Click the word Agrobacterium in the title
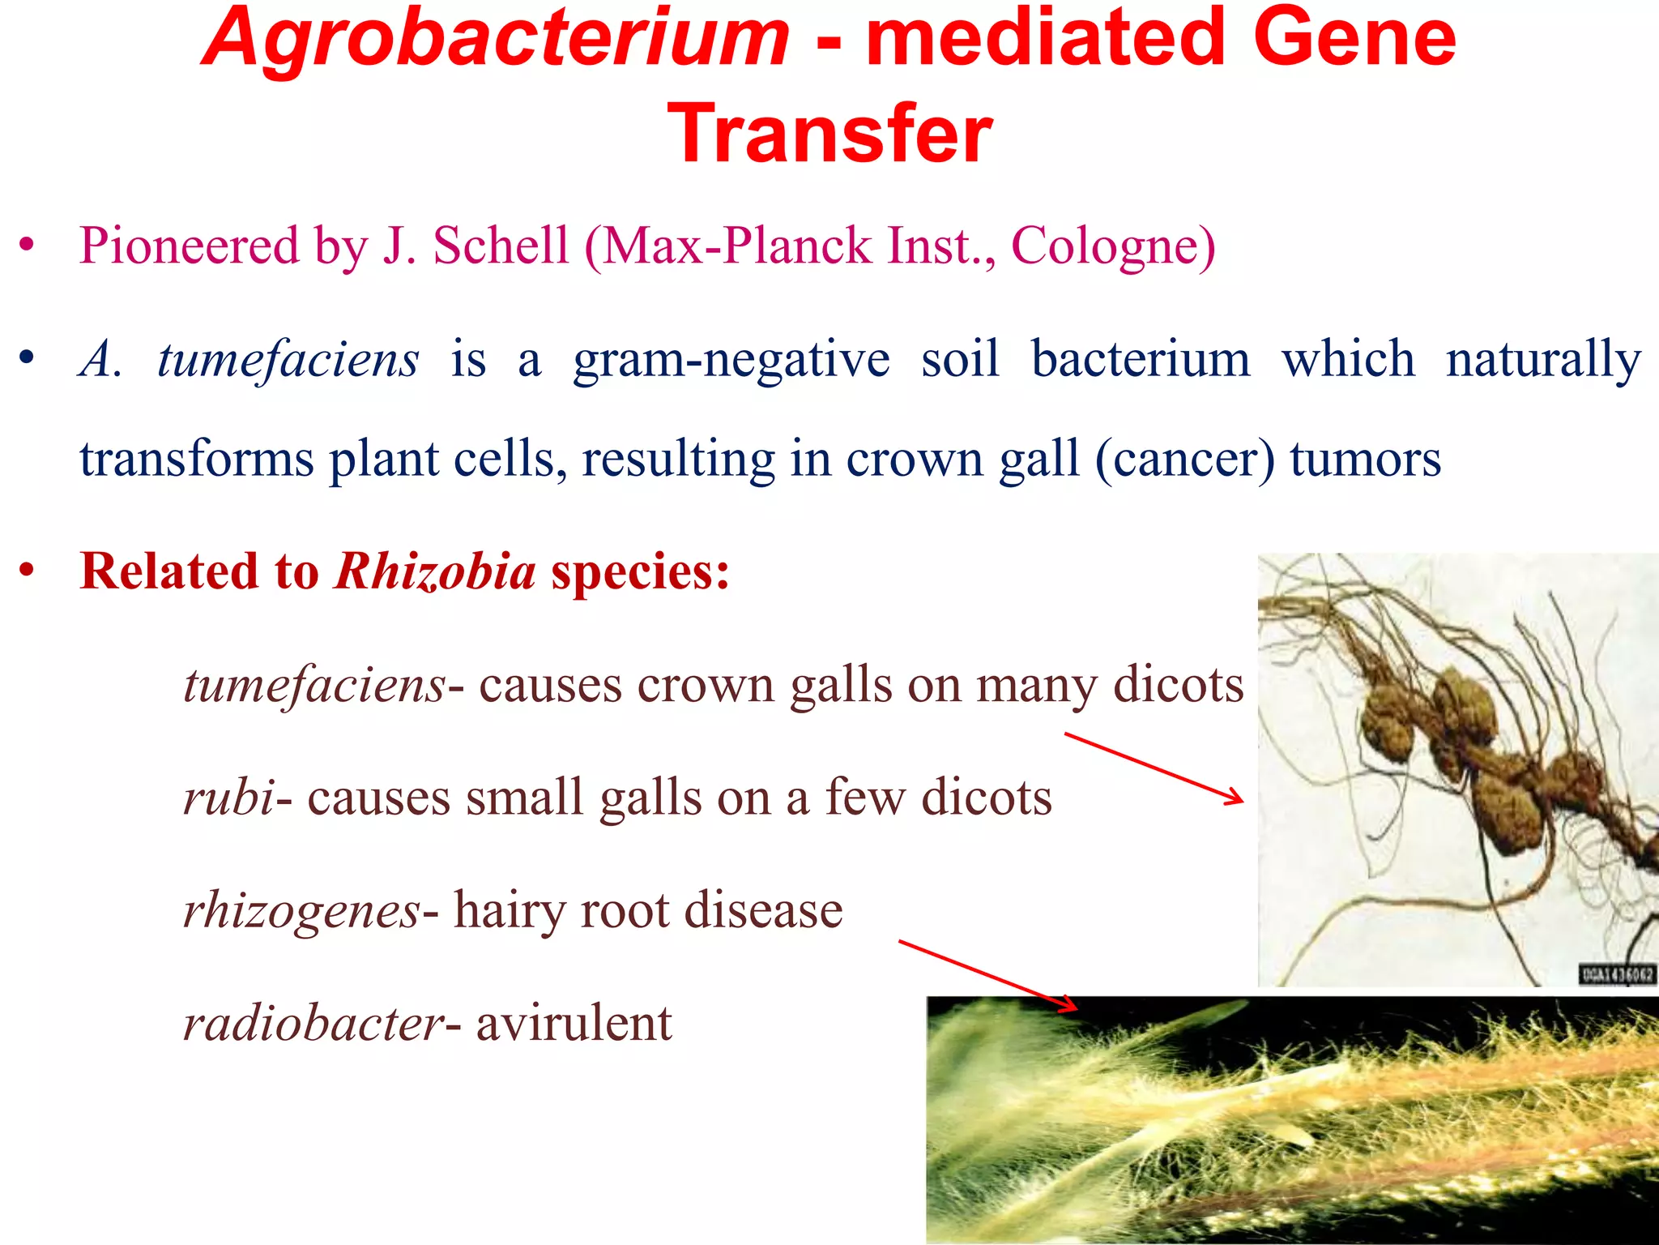[x=495, y=38]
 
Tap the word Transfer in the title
[x=829, y=134]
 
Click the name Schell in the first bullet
[x=501, y=246]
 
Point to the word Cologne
[x=1113, y=247]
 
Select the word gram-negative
[x=731, y=360]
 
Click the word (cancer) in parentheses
[x=1184, y=460]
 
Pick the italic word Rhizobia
[x=435, y=571]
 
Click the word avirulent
[x=574, y=1023]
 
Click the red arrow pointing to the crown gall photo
[x=1154, y=768]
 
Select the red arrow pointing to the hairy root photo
[x=988, y=976]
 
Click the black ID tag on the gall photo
[x=1616, y=974]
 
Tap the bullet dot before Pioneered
[x=28, y=245]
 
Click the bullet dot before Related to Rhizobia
[x=28, y=571]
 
